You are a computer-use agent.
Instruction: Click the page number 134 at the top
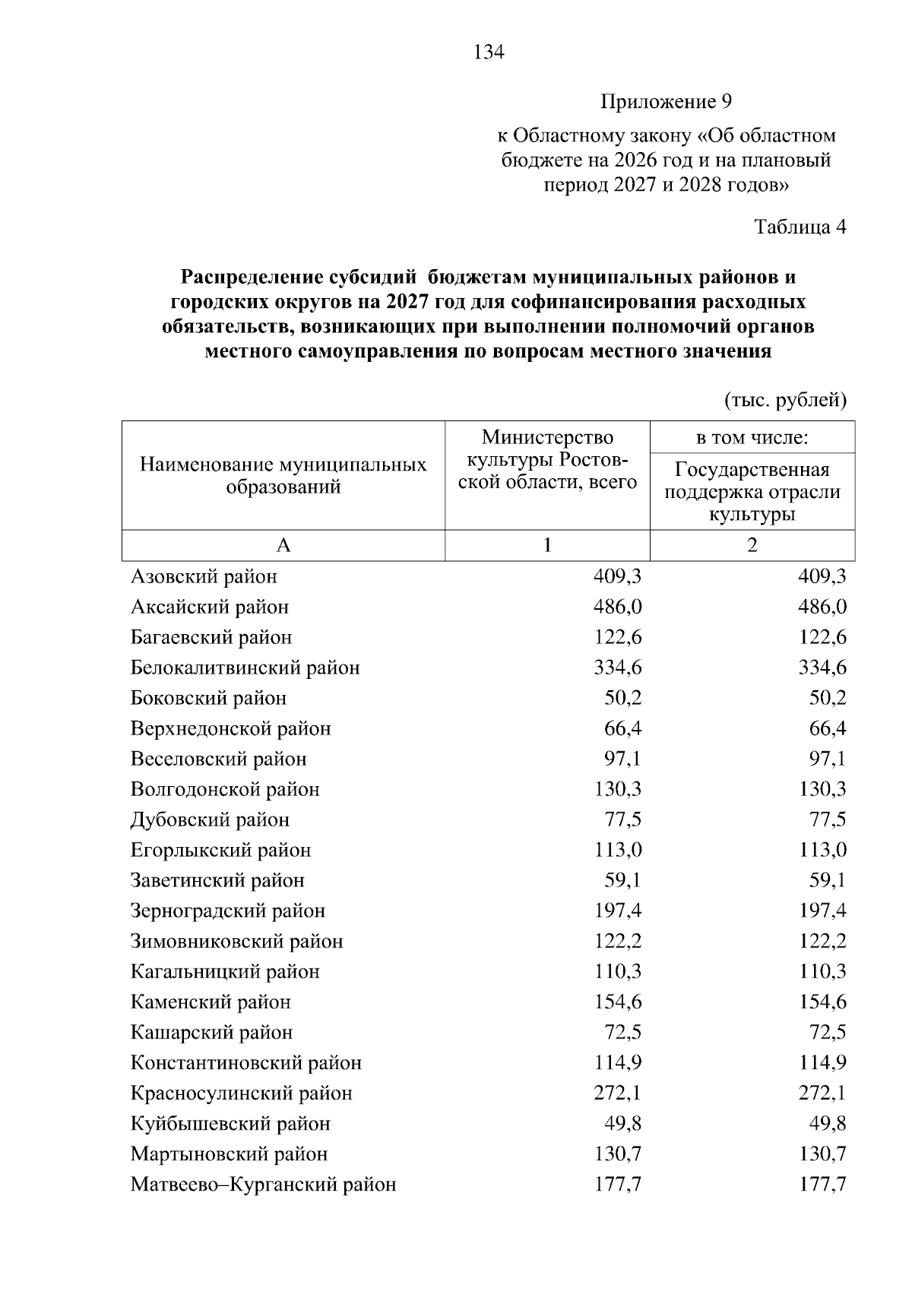click(x=488, y=52)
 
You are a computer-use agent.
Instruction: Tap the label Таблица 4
click(x=800, y=227)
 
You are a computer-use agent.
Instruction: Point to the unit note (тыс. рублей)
click(x=785, y=401)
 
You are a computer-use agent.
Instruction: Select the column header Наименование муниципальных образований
click(x=283, y=476)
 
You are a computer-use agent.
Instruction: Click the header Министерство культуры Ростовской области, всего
click(x=547, y=460)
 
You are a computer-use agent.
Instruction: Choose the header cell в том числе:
click(x=752, y=438)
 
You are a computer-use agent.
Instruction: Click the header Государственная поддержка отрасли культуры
click(x=752, y=492)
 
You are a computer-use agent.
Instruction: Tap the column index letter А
click(x=283, y=545)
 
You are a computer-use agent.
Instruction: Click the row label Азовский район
click(x=204, y=576)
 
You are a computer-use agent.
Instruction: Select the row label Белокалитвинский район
click(x=245, y=668)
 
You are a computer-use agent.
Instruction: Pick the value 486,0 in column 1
click(x=617, y=607)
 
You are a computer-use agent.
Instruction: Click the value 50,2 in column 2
click(x=828, y=698)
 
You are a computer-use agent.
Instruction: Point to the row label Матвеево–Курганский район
click(x=263, y=1185)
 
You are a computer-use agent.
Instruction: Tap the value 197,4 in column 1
click(x=617, y=911)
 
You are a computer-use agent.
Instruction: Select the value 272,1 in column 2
click(x=822, y=1093)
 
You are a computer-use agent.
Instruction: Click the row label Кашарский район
click(x=211, y=1032)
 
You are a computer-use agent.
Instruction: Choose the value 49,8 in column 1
click(x=622, y=1124)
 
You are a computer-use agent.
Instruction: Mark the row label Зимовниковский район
click(x=236, y=941)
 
